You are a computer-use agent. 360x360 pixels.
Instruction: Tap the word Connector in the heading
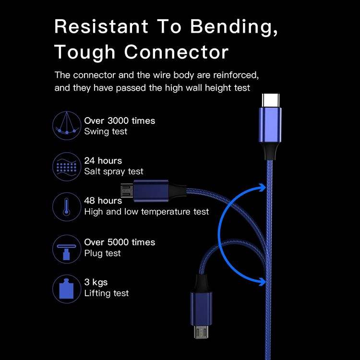pos(176,52)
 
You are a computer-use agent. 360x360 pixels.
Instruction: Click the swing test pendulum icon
pos(66,125)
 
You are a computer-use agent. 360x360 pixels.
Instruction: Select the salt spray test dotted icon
pos(66,166)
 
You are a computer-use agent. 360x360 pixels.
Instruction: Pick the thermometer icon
pos(66,206)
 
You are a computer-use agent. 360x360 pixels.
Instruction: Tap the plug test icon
pos(66,248)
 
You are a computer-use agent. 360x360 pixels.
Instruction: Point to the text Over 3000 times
pos(120,121)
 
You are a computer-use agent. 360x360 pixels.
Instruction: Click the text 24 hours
pos(103,161)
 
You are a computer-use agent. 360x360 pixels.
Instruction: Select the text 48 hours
pos(103,201)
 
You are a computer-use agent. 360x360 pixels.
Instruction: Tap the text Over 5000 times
pos(120,242)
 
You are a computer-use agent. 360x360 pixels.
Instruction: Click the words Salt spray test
pos(114,171)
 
